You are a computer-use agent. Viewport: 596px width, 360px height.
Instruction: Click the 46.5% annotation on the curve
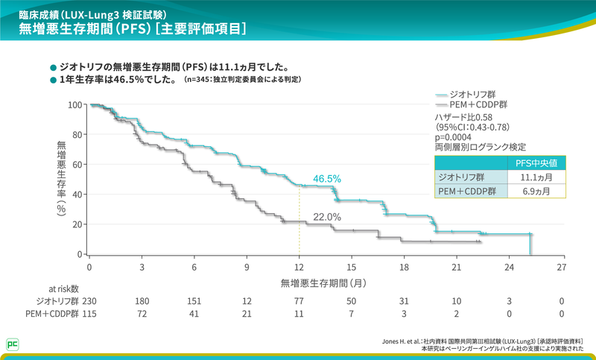(x=327, y=179)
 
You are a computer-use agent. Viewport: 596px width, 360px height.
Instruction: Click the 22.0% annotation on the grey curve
(x=327, y=217)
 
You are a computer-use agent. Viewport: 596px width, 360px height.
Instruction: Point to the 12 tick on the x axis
(x=299, y=267)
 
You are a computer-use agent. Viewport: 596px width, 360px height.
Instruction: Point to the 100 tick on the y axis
(x=74, y=104)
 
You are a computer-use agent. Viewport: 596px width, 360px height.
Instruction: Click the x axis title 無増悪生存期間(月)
(x=323, y=283)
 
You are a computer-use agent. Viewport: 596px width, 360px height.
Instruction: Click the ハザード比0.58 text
(x=463, y=118)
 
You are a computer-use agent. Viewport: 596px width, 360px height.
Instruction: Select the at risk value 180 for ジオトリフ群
(x=142, y=300)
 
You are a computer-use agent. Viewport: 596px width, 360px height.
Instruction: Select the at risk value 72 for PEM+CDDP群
(x=142, y=315)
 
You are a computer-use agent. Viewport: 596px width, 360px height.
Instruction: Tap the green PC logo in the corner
(x=13, y=344)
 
